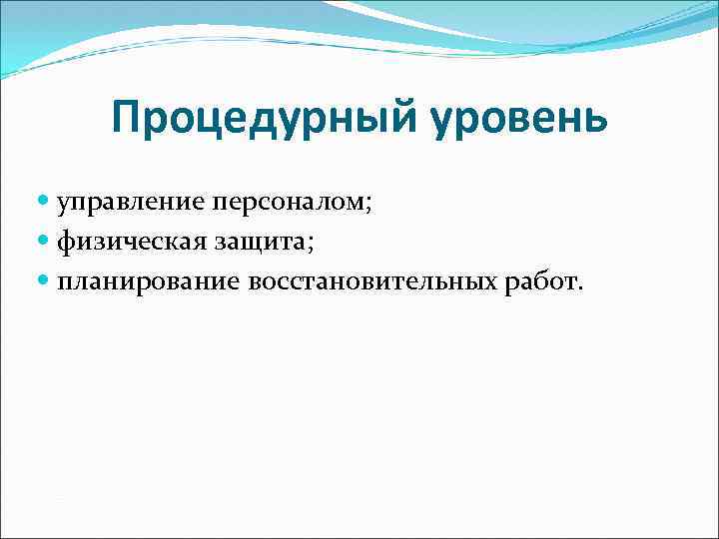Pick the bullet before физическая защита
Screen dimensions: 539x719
[46, 243]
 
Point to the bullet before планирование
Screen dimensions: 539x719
[46, 282]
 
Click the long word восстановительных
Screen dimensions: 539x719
[371, 282]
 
